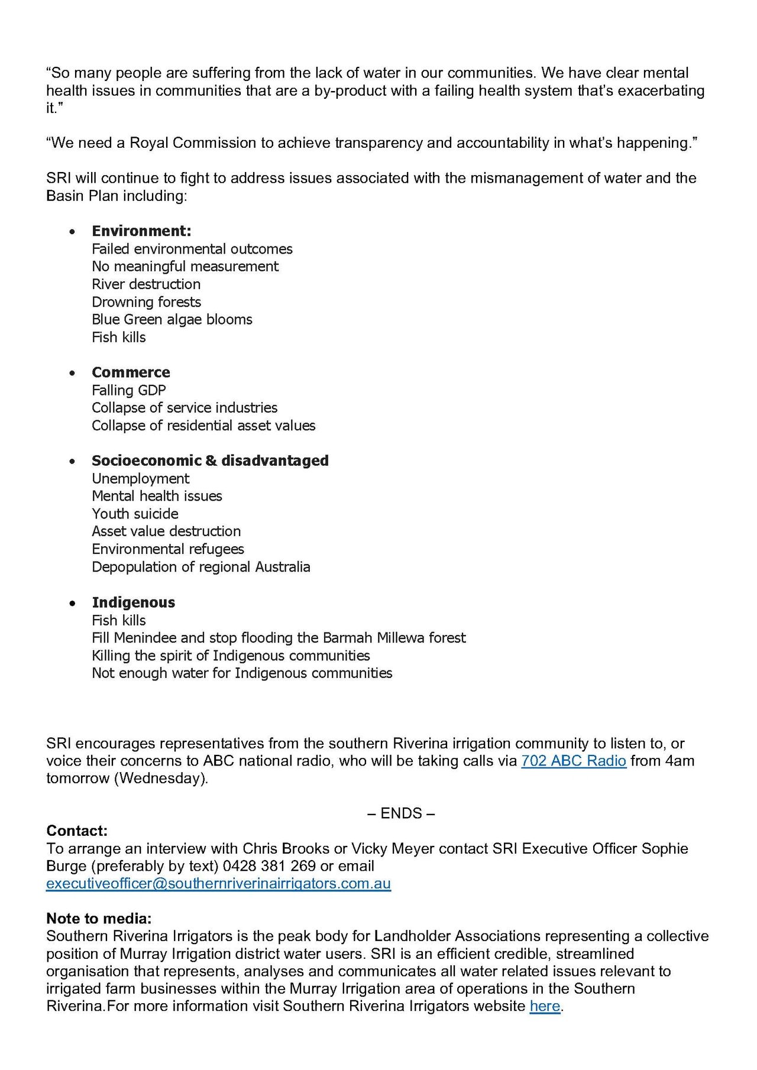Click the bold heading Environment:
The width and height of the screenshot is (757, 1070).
(x=141, y=231)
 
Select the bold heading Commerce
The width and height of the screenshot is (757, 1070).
(x=131, y=372)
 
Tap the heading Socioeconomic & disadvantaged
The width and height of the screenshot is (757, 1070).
(x=210, y=461)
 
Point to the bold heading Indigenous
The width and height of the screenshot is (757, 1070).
(x=133, y=602)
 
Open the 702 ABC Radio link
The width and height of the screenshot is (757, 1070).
(x=573, y=761)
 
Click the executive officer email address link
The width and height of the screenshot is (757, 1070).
(x=218, y=884)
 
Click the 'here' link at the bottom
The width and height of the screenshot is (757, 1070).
(x=545, y=1006)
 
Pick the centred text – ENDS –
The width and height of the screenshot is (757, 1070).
(x=401, y=813)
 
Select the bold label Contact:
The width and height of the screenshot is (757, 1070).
(x=77, y=831)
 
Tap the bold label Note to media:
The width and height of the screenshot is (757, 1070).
(x=99, y=919)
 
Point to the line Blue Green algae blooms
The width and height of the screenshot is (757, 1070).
(x=172, y=320)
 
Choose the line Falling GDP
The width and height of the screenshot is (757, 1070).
(x=128, y=390)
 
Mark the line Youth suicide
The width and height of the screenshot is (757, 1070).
(x=135, y=514)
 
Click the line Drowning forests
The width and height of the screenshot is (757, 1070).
(x=146, y=302)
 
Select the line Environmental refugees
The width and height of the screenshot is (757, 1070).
(x=167, y=549)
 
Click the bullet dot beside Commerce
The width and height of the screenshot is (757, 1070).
(x=72, y=373)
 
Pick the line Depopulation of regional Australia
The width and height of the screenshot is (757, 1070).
(x=200, y=567)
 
